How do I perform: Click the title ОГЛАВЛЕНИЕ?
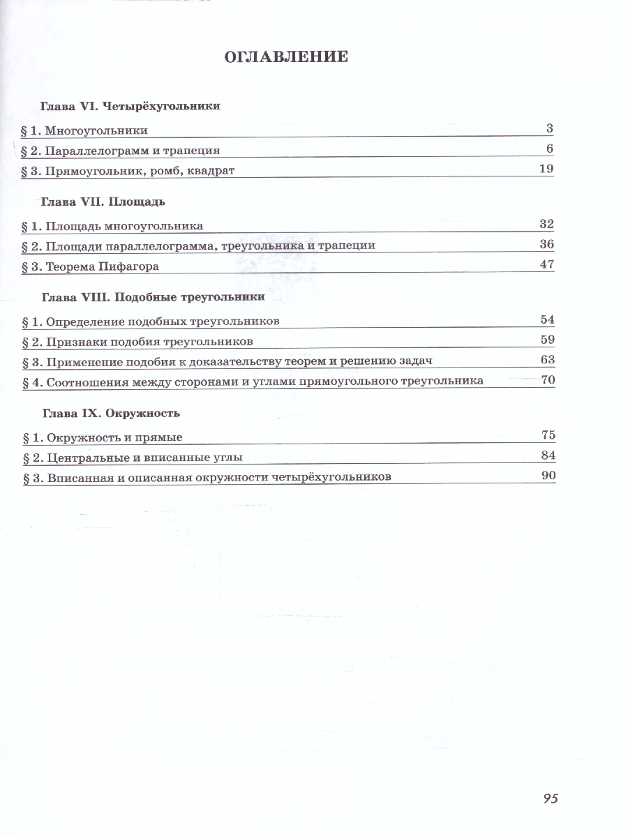pos(286,56)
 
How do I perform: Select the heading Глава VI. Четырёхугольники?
pos(130,106)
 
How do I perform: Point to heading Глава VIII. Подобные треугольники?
pos(153,297)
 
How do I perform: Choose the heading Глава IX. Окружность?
pos(111,413)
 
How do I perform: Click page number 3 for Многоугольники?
pos(549,128)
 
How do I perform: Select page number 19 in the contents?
pos(546,168)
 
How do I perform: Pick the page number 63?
pos(546,359)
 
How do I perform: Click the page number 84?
pos(547,455)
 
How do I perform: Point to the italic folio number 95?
pos(549,798)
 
